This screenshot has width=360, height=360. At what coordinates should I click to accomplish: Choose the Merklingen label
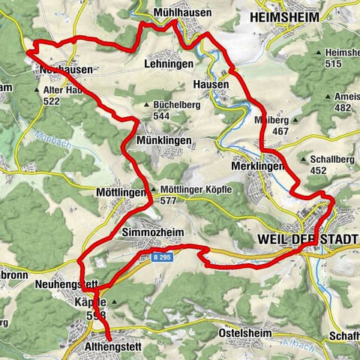pyautogui.click(x=259, y=166)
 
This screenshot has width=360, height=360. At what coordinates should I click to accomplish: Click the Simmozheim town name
pyautogui.click(x=152, y=232)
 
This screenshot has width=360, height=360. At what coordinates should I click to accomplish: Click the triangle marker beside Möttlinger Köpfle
pyautogui.click(x=154, y=190)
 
